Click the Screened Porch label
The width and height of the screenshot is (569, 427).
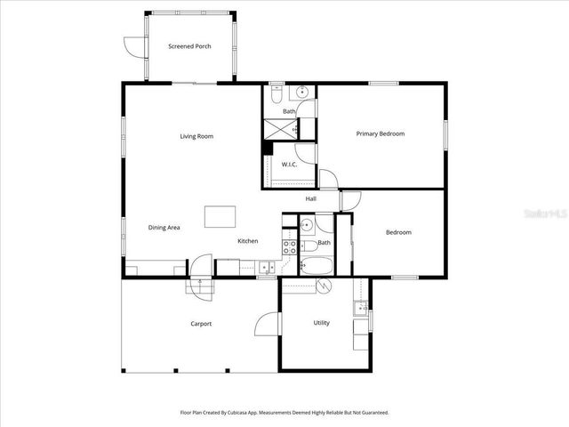189,46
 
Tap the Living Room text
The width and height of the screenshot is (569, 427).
196,136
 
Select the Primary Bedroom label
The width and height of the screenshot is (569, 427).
380,133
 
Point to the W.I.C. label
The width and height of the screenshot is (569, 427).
289,165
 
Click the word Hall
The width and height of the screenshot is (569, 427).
311,198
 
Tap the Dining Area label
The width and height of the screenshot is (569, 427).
164,228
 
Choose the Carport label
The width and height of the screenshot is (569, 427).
201,324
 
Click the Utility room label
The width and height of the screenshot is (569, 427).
321,323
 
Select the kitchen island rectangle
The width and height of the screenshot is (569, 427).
220,217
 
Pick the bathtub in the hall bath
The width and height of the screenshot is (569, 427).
316,264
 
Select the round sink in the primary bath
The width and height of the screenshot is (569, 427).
302,92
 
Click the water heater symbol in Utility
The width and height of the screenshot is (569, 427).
325,286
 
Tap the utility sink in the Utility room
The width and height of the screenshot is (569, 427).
359,309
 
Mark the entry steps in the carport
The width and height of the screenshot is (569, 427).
200,286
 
